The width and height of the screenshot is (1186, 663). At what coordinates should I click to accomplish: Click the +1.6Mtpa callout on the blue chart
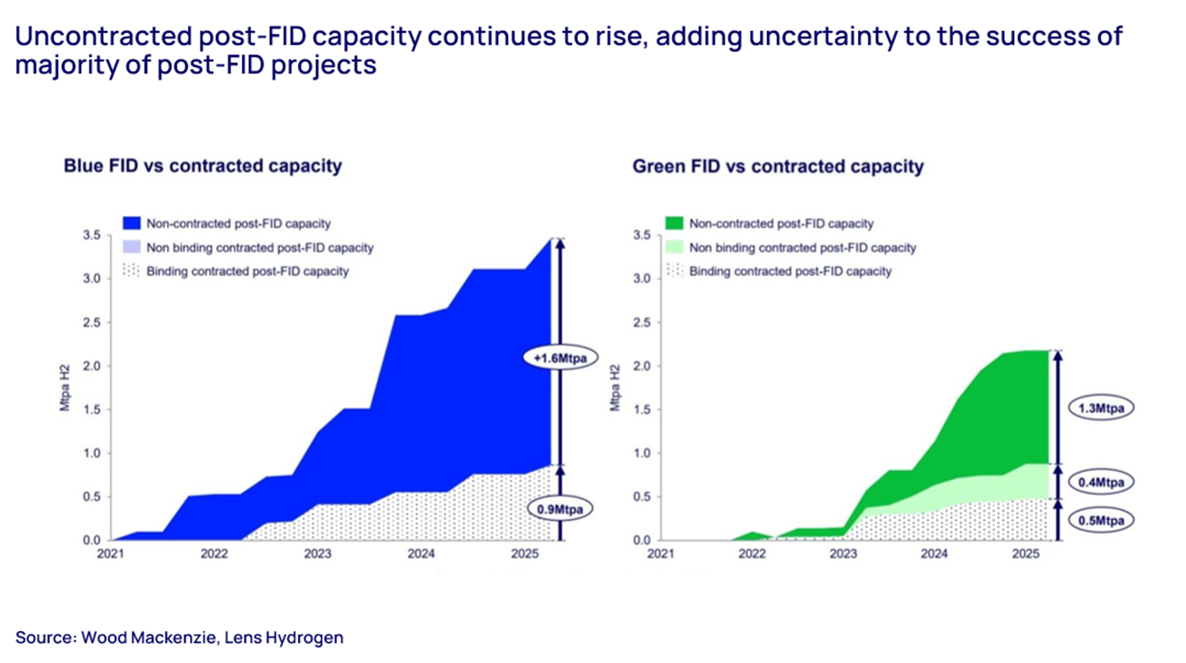tap(559, 358)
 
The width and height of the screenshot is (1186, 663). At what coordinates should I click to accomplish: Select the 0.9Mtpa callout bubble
tap(559, 509)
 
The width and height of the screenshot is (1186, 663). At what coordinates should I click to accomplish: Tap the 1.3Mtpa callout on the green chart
tap(1100, 408)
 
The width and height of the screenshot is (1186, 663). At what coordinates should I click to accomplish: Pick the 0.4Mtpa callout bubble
tap(1100, 482)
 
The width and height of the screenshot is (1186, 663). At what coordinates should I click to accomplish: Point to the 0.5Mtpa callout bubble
tap(1100, 520)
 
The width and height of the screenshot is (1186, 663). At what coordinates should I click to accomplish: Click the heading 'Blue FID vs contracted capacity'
tap(202, 166)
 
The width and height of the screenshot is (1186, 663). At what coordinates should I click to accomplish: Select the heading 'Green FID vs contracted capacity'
tap(777, 167)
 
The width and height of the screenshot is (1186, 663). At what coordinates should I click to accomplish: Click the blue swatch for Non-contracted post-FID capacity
tap(132, 223)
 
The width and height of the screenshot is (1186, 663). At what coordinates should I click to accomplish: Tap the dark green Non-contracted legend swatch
tap(674, 223)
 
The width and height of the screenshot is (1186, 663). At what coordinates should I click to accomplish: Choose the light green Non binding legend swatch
tap(674, 248)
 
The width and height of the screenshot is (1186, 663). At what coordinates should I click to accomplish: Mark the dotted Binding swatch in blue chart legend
tap(132, 271)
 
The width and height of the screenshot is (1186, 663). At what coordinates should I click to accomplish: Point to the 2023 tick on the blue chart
tap(318, 554)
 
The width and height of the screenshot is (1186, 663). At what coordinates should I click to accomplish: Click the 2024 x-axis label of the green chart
tap(934, 554)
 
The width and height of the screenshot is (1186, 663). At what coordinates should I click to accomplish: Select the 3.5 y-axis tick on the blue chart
tap(92, 235)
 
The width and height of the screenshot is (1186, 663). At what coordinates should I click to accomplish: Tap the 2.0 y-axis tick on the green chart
tap(641, 366)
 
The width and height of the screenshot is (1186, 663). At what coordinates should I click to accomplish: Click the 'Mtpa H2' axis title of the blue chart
tap(65, 388)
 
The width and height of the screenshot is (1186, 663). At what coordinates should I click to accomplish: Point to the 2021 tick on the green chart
tap(660, 554)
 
